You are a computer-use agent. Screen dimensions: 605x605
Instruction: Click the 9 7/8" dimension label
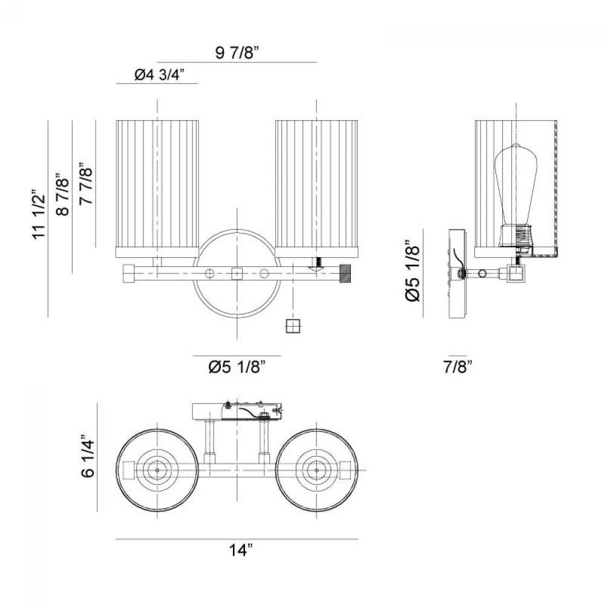237,53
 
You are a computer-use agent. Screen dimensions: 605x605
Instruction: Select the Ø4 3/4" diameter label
158,75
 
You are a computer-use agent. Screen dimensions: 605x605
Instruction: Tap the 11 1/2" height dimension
40,216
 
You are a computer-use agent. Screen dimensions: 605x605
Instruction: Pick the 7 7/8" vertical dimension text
87,184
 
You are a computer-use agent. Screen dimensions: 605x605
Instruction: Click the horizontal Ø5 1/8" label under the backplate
237,367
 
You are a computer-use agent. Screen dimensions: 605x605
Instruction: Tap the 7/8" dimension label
457,366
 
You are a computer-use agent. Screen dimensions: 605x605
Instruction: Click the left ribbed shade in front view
157,185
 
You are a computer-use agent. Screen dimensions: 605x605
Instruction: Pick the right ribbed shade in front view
316,185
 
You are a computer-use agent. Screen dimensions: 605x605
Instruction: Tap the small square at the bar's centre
237,273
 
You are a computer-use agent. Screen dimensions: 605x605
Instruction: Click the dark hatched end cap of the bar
346,273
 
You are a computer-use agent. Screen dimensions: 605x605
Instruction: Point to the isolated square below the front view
293,326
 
